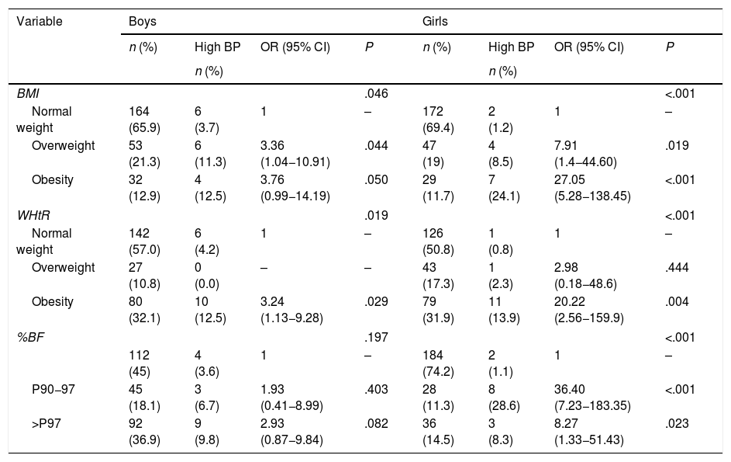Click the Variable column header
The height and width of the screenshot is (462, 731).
click(40, 22)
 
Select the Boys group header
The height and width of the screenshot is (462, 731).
click(142, 22)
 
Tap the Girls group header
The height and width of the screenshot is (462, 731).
click(435, 22)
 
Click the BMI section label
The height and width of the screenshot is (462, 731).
click(28, 93)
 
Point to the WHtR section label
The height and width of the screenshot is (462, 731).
click(33, 215)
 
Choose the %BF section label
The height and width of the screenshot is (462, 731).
click(30, 337)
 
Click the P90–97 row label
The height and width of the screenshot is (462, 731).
click(53, 389)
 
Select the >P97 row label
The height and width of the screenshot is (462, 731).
click(47, 423)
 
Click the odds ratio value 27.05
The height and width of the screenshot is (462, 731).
click(569, 180)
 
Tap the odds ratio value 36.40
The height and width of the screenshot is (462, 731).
click(569, 389)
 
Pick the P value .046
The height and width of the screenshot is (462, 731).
click(376, 93)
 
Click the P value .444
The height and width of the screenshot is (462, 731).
click(677, 267)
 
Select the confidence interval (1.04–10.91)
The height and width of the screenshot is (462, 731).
click(295, 162)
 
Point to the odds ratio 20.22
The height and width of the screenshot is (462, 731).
click(569, 301)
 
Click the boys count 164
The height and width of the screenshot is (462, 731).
click(139, 111)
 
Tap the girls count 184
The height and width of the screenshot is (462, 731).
click(433, 355)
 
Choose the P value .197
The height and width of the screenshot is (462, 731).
click(376, 337)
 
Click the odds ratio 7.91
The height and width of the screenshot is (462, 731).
click(566, 145)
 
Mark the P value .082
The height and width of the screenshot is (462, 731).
click(376, 423)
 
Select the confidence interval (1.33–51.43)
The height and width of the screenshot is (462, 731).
click(589, 440)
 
